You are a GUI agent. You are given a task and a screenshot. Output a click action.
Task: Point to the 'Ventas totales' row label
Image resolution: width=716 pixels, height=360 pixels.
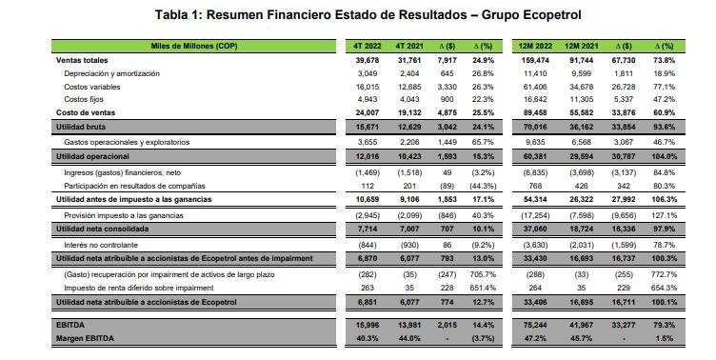coord(82,59)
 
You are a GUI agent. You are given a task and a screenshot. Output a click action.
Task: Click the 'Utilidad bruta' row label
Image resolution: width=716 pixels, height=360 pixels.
coord(80,127)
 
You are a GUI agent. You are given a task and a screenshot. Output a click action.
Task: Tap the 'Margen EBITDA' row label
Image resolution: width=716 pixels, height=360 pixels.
coord(85,337)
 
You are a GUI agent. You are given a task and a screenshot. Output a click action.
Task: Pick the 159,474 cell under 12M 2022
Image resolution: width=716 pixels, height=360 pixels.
coord(536,59)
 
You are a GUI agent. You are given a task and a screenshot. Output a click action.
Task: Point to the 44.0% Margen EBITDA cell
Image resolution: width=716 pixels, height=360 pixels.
coord(408,337)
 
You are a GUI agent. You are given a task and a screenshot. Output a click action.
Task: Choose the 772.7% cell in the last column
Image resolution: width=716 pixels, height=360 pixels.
coord(665,272)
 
